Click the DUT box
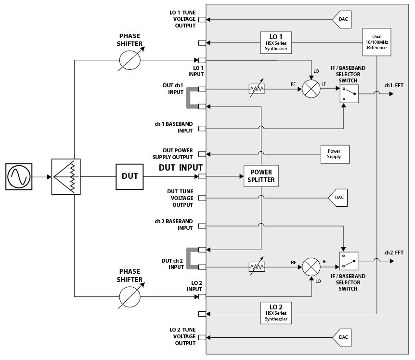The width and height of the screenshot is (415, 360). click(x=130, y=176)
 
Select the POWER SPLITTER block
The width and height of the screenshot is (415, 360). click(x=261, y=176)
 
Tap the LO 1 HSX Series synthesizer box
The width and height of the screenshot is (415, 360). click(x=276, y=42)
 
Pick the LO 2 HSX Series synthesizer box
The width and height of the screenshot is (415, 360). click(x=276, y=313)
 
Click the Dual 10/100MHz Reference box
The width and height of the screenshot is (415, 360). click(x=376, y=42)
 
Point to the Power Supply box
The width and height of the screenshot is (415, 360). click(x=334, y=154)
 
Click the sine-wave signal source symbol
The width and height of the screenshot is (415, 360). click(x=19, y=176)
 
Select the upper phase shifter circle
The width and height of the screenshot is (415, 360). click(x=130, y=60)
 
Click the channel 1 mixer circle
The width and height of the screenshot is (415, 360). click(x=311, y=89)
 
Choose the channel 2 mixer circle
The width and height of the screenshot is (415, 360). click(x=311, y=267)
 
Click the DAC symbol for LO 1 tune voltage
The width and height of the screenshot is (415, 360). click(x=341, y=20)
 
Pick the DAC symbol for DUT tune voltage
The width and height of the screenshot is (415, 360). click(x=339, y=198)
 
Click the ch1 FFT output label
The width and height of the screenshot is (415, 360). click(x=394, y=85)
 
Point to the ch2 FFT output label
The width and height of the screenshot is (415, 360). click(x=394, y=252)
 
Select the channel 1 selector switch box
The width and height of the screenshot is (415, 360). click(x=349, y=93)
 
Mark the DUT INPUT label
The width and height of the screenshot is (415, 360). click(x=181, y=167)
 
